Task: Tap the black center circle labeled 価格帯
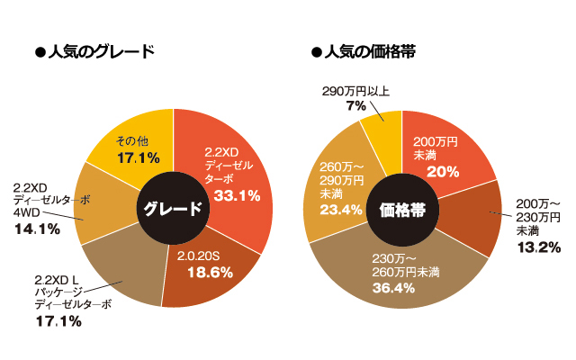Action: pyautogui.click(x=402, y=210)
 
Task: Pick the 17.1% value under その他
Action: pyautogui.click(x=138, y=157)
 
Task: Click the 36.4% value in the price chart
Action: pyautogui.click(x=392, y=288)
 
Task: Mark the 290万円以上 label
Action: pyautogui.click(x=355, y=92)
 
